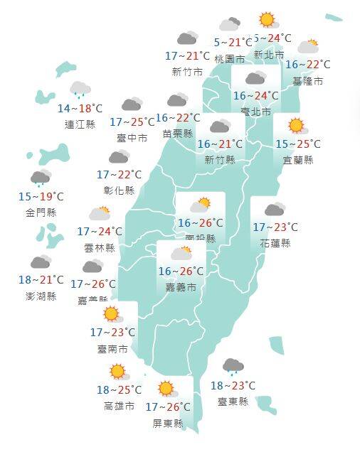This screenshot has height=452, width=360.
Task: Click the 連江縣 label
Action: pyautogui.click(x=80, y=124)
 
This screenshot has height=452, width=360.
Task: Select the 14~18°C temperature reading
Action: pyautogui.click(x=80, y=109)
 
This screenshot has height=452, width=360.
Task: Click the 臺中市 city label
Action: pyautogui.click(x=133, y=138)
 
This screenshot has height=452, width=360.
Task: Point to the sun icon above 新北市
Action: pyautogui.click(x=267, y=20)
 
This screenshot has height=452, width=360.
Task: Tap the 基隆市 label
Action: pyautogui.click(x=307, y=81)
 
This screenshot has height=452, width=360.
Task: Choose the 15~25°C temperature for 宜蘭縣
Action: pyautogui.click(x=298, y=144)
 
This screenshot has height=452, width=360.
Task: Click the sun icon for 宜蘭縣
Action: pyautogui.click(x=297, y=127)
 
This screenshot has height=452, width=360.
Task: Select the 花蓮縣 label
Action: pyautogui.click(x=275, y=243)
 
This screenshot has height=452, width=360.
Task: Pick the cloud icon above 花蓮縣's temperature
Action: pyautogui.click(x=275, y=210)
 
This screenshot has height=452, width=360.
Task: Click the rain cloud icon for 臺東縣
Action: pyautogui.click(x=233, y=367)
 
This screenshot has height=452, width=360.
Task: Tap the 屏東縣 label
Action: pyautogui.click(x=169, y=423)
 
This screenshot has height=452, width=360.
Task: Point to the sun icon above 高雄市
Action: pyautogui.click(x=117, y=371)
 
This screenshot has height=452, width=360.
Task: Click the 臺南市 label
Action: pyautogui.click(x=114, y=349)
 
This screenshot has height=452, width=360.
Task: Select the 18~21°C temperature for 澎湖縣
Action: pyautogui.click(x=41, y=280)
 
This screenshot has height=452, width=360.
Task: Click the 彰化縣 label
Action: pyautogui.click(x=119, y=190)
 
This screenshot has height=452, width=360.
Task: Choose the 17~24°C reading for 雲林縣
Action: pyautogui.click(x=100, y=232)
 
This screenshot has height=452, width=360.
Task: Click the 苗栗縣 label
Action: pyautogui.click(x=178, y=133)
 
